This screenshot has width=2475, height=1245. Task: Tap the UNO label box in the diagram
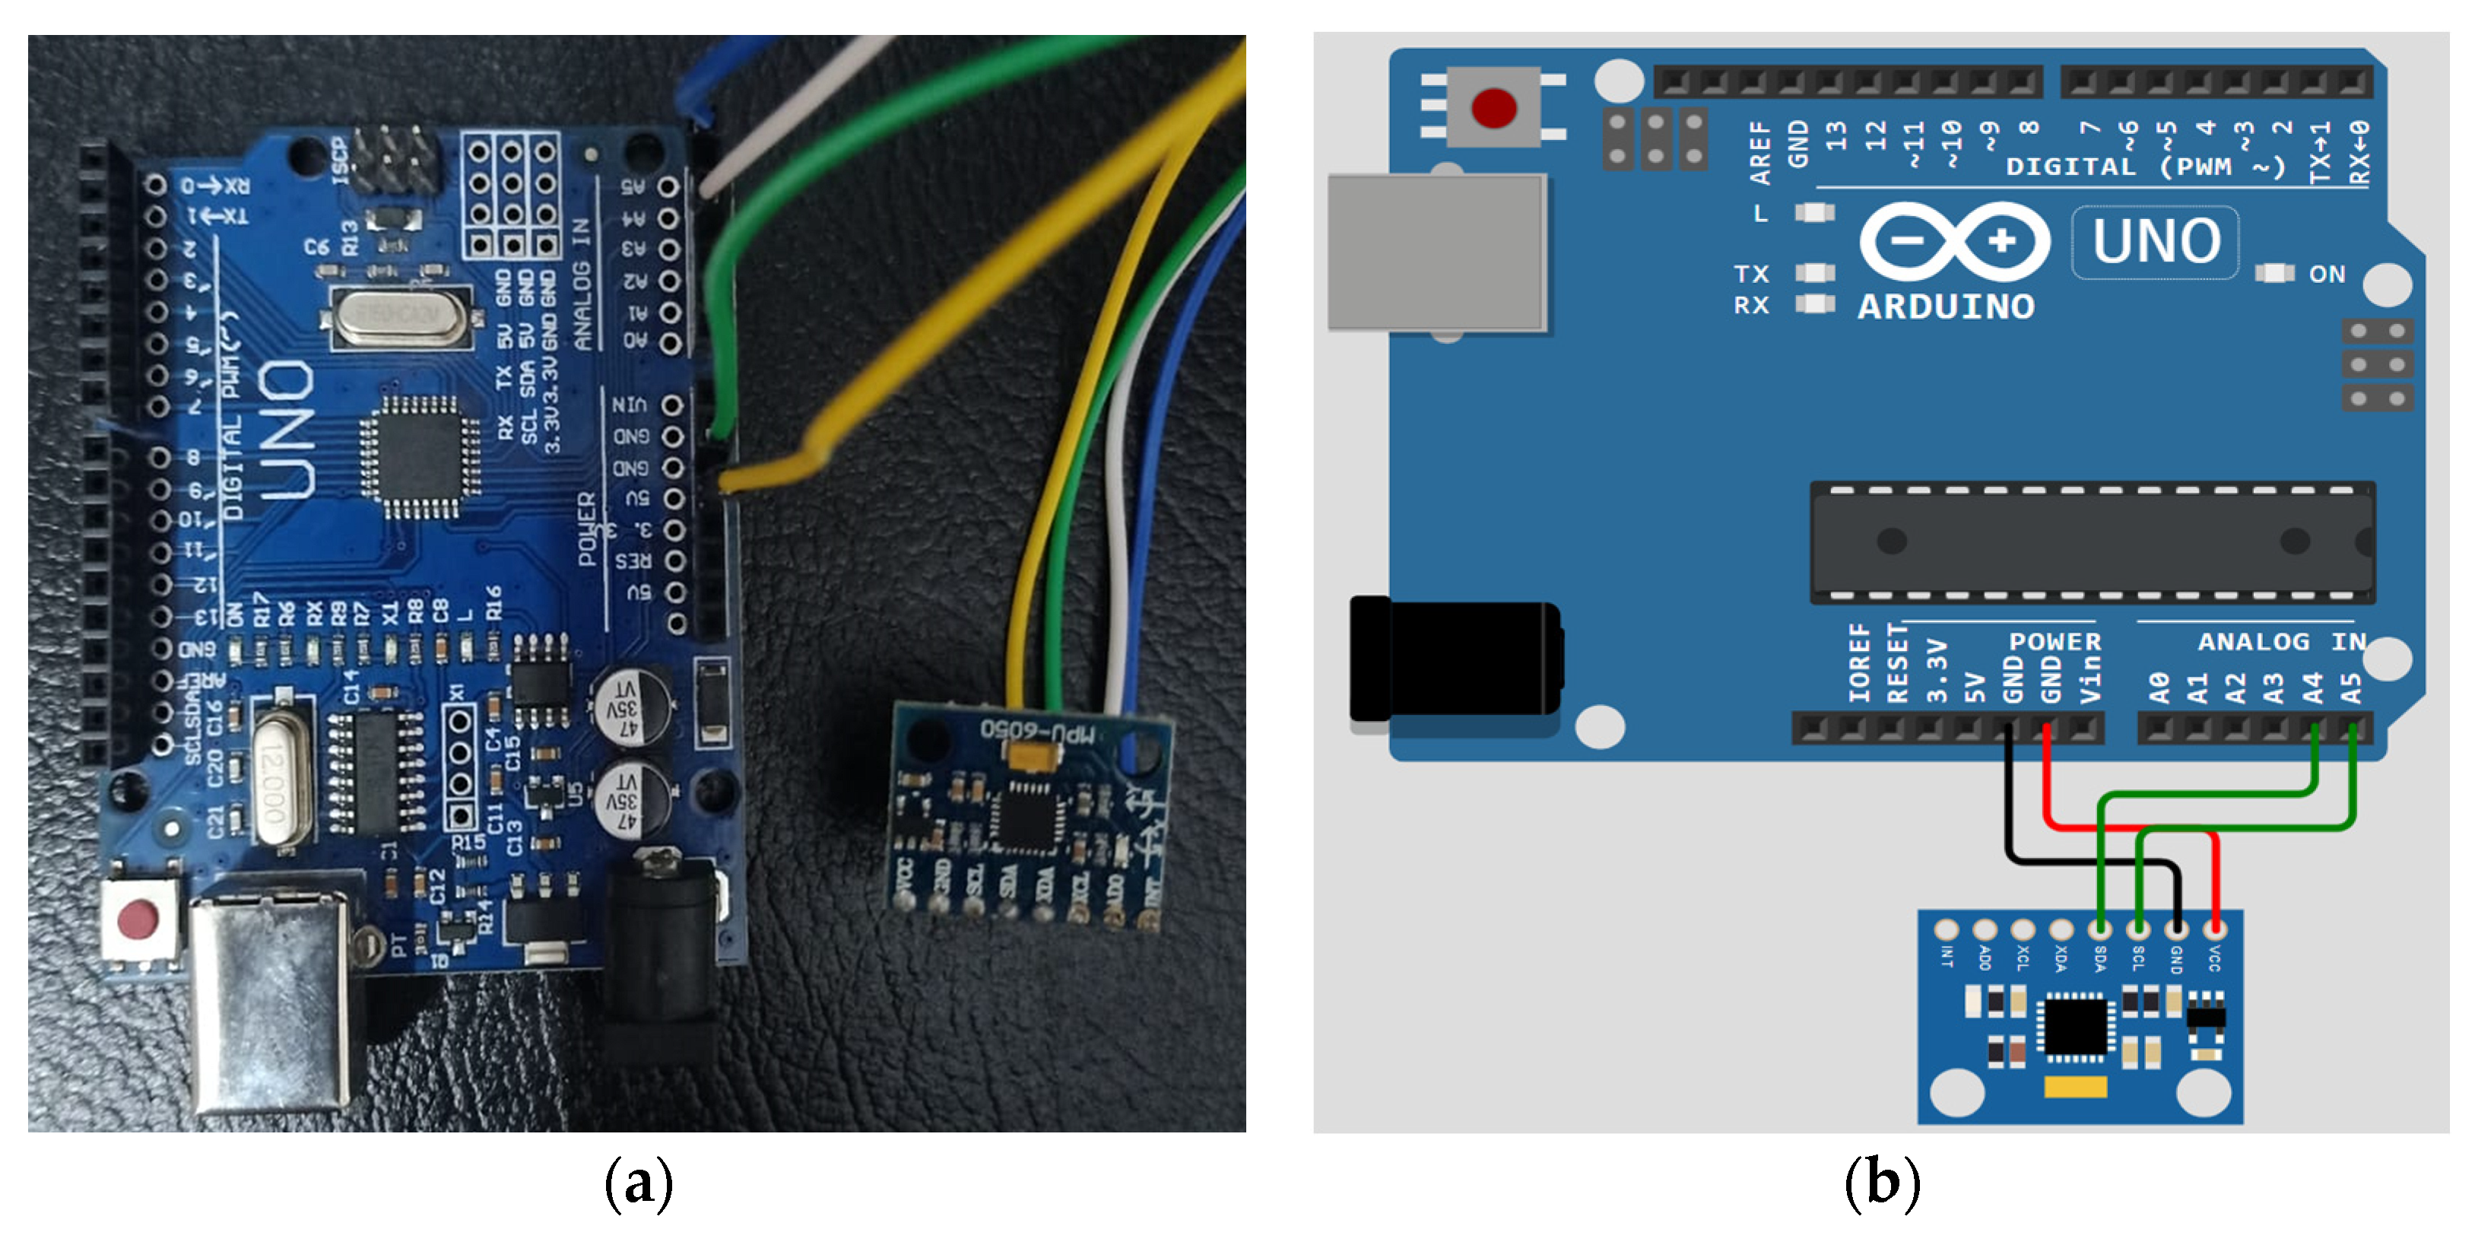2155,241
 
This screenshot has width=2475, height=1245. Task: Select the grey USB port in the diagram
1436,252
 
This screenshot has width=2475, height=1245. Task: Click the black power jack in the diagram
1454,659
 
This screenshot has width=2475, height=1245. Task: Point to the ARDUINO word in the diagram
1946,307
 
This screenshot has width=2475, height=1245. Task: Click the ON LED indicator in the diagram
2274,274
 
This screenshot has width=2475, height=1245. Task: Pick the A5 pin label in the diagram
2350,687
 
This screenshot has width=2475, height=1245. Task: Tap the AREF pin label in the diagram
1759,152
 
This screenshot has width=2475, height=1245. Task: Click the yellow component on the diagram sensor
2074,1087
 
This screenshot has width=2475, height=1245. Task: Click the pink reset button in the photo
138,919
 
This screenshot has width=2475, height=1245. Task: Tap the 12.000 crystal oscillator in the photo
276,783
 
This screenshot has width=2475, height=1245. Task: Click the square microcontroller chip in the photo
420,456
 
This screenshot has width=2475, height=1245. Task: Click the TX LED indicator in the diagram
1814,274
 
